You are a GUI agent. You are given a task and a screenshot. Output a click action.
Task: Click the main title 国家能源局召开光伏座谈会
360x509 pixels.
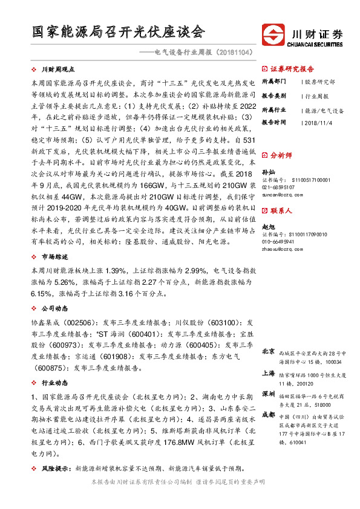[x=119, y=31]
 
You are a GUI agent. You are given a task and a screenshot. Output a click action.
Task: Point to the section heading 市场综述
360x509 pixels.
[x=54, y=256]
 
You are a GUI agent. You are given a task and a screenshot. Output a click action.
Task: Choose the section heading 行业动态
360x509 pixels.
[x=54, y=383]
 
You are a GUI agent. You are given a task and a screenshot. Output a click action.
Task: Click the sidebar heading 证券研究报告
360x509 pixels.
[x=292, y=68]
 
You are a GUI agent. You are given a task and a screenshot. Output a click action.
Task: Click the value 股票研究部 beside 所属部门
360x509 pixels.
[x=319, y=81]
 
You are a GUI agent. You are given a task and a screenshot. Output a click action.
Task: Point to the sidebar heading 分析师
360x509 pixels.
[x=281, y=155]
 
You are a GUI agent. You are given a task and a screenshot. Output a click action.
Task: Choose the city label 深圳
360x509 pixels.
[x=269, y=394]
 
